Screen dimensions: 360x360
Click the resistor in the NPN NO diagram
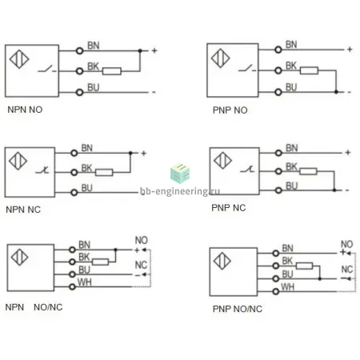click(x=112, y=71)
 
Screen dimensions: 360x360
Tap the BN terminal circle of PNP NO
click(x=278, y=50)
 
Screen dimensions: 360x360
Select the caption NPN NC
click(x=23, y=210)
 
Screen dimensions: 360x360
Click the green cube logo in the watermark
click(x=180, y=174)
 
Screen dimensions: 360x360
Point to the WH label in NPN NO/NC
click(x=84, y=282)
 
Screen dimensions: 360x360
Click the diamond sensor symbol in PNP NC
click(x=222, y=161)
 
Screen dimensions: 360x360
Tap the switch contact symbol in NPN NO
click(x=47, y=69)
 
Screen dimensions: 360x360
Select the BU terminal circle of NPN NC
click(x=74, y=192)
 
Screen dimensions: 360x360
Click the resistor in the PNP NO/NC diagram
click(x=304, y=266)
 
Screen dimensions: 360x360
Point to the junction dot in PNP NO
click(x=336, y=92)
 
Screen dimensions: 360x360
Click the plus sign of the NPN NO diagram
click(x=154, y=50)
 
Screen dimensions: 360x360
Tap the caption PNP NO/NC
click(x=238, y=309)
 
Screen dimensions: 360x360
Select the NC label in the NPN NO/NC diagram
click(x=141, y=265)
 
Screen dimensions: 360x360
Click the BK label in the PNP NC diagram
click(x=291, y=167)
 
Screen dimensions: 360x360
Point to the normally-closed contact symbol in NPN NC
click(x=42, y=170)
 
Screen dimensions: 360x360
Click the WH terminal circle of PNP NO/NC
click(x=276, y=291)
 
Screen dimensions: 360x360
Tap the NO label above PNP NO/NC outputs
click(x=346, y=244)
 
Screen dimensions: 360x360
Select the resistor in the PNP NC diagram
click(x=308, y=171)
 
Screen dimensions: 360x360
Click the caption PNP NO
click(x=230, y=110)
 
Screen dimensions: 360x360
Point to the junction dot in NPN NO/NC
click(x=115, y=250)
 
